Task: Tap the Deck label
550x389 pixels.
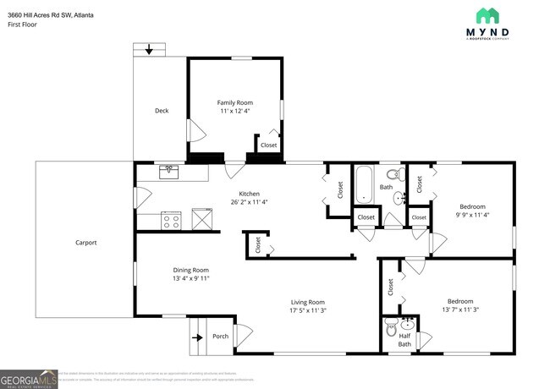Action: [x=161, y=111]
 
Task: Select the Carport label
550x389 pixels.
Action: [x=85, y=243]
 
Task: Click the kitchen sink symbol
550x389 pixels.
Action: [x=169, y=172]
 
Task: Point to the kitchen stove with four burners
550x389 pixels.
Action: [x=172, y=221]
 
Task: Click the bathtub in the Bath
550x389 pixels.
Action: [x=364, y=184]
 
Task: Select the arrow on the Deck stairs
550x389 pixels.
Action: [x=150, y=51]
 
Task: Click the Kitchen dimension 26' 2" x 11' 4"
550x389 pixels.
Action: [x=248, y=202]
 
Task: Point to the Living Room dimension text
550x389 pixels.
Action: [x=308, y=310]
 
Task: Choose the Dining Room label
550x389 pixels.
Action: [x=190, y=270]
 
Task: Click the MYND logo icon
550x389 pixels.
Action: [x=487, y=15]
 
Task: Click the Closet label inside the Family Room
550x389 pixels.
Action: [x=268, y=145]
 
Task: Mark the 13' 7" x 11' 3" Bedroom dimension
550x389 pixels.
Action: [x=459, y=310]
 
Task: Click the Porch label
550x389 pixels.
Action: [x=220, y=337]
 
